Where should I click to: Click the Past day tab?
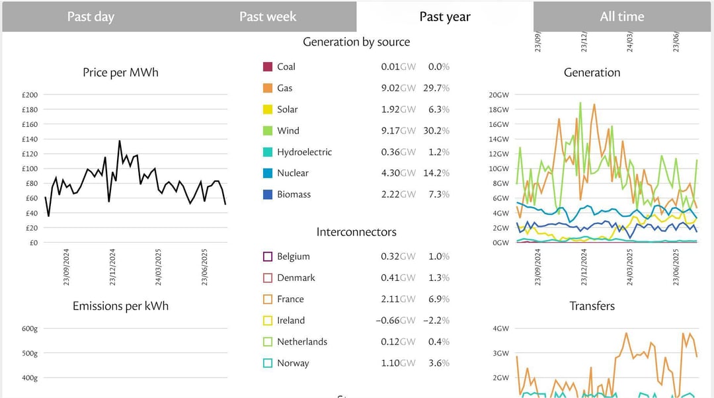[x=91, y=17]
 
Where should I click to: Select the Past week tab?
[x=268, y=17]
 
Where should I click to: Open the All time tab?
[x=621, y=17]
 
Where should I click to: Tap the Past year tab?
[x=445, y=17]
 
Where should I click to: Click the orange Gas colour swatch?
[x=268, y=88]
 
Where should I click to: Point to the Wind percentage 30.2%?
[x=436, y=131]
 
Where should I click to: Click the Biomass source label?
[x=294, y=194]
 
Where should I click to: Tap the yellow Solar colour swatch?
[x=268, y=110]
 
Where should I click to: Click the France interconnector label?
[x=290, y=299]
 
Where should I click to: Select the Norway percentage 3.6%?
[x=438, y=363]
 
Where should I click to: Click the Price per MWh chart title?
[x=120, y=73]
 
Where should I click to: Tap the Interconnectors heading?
[x=356, y=232]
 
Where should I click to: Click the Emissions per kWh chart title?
[x=120, y=306]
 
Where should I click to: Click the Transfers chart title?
[x=592, y=306]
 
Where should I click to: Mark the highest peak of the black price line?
[x=120, y=141]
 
